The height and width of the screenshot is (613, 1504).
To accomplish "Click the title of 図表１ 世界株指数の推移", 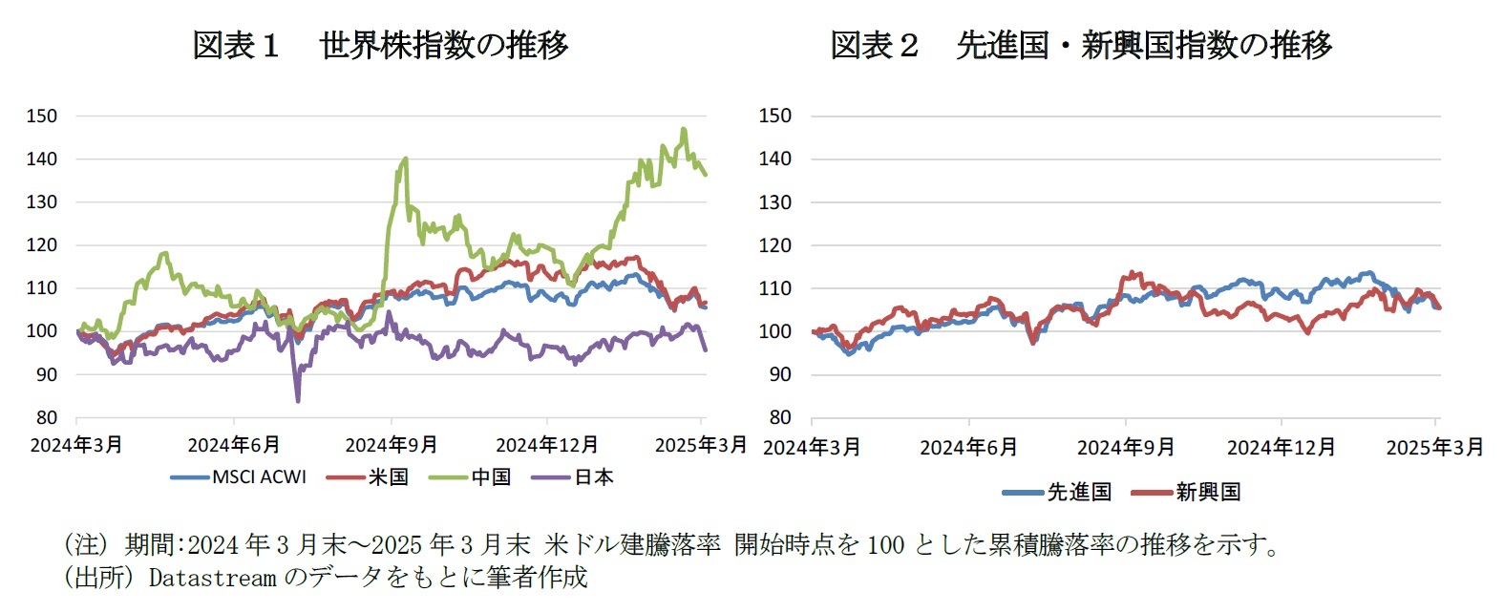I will (380, 45).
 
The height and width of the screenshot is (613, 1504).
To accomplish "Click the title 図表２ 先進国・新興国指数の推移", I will (1080, 45).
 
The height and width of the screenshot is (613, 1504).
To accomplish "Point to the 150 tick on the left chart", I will (42, 116).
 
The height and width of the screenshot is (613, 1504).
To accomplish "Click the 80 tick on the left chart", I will (46, 417).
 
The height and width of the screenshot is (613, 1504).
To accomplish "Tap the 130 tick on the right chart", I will (774, 202).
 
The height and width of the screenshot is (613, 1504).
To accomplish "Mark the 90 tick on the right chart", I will (779, 374).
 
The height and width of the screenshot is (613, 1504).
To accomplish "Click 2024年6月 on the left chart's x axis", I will (234, 445).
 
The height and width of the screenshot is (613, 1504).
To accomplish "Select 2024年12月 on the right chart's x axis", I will (1281, 447).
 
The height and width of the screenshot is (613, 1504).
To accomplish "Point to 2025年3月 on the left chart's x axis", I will (700, 445).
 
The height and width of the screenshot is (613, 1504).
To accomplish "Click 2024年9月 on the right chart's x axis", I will (1125, 447).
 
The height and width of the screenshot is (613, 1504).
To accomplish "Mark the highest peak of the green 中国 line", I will (684, 129).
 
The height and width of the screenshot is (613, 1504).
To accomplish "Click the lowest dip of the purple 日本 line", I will (298, 400).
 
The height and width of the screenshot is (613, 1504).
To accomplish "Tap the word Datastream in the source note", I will (212, 577).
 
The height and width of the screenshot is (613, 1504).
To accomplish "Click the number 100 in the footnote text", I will (885, 545).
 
